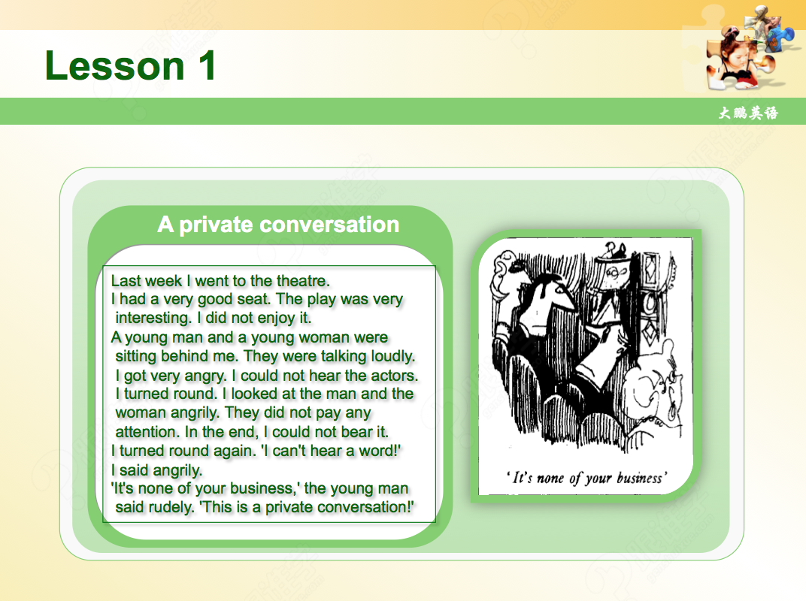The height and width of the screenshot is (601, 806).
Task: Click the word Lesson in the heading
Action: (114, 65)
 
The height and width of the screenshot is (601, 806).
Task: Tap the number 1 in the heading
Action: (208, 65)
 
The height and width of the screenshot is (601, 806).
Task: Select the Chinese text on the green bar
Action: (748, 113)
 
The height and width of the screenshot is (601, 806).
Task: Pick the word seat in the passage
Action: (253, 299)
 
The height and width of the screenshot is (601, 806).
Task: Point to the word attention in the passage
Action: (147, 432)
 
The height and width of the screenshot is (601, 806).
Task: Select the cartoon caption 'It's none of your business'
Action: (586, 479)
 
